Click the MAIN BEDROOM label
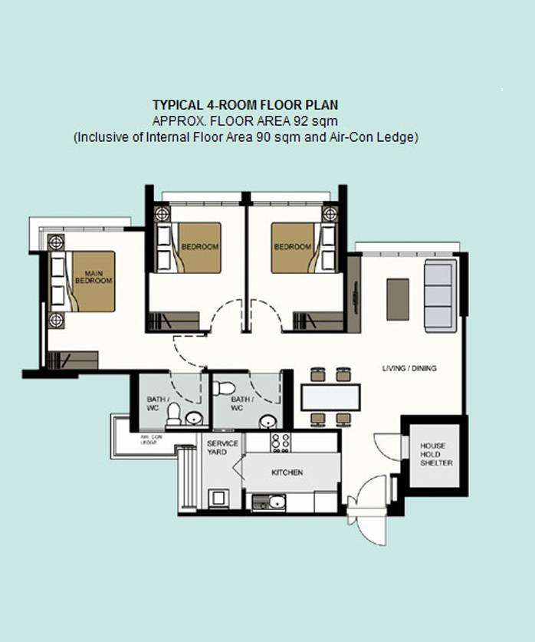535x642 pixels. coord(94,277)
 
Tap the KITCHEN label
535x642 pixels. coord(287,472)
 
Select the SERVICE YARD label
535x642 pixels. coord(222,447)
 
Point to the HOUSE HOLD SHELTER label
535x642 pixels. coord(436,455)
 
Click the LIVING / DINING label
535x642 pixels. coord(409,368)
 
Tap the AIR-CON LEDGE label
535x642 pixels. coord(151,440)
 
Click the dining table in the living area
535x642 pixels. coord(330,397)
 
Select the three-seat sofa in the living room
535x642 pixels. coord(441,295)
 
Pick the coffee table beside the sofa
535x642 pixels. coord(398,299)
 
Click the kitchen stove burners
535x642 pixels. coord(281,443)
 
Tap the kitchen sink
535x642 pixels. coord(277,502)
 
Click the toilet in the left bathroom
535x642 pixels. coord(173,414)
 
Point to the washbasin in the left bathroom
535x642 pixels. coord(194,419)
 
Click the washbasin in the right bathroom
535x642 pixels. coord(268,421)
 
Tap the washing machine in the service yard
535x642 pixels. coord(218,499)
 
